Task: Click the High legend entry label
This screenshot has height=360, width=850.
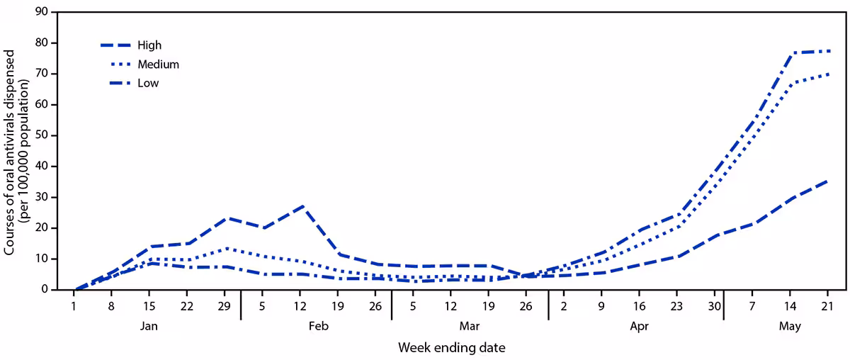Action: (x=150, y=45)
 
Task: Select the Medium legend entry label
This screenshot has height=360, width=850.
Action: (x=159, y=64)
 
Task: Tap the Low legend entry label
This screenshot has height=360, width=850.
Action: (x=148, y=83)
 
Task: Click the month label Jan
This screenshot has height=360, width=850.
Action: (x=149, y=327)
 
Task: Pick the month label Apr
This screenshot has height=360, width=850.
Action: (x=639, y=327)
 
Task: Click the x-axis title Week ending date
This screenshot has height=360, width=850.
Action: (x=451, y=348)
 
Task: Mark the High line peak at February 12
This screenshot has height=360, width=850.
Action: (x=302, y=206)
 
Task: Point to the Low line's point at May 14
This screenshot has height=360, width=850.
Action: (x=790, y=53)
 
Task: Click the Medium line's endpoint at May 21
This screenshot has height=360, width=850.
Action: (x=829, y=74)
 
